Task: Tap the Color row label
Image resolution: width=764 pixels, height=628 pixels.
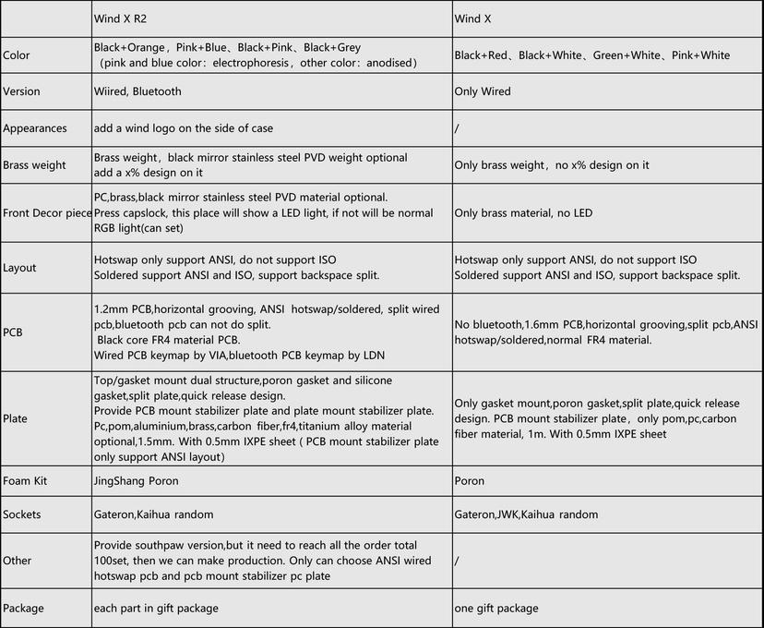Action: click(x=17, y=55)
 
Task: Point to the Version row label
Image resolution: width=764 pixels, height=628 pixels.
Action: click(x=21, y=91)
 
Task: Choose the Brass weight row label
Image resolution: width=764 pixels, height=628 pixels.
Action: click(x=34, y=165)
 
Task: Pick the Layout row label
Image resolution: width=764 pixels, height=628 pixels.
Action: click(x=19, y=268)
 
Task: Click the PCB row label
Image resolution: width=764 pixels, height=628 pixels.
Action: click(x=13, y=332)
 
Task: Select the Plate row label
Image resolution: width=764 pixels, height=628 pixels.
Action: click(x=15, y=418)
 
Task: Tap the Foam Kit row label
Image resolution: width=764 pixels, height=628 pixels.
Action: click(x=25, y=481)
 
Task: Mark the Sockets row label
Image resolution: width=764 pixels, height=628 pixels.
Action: click(x=22, y=514)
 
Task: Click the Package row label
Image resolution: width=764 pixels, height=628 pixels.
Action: click(x=23, y=609)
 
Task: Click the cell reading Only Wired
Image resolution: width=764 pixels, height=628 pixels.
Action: click(x=483, y=91)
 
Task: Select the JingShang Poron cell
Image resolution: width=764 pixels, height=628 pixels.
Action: click(x=137, y=481)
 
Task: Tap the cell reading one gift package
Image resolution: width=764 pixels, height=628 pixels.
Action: click(x=496, y=609)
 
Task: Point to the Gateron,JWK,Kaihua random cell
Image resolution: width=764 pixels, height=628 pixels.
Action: click(x=526, y=514)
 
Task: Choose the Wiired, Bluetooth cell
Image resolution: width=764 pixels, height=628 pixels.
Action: click(x=137, y=91)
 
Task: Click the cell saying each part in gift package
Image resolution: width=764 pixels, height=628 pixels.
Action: click(x=155, y=609)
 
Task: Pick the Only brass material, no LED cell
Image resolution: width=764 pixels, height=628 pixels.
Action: click(x=523, y=213)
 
